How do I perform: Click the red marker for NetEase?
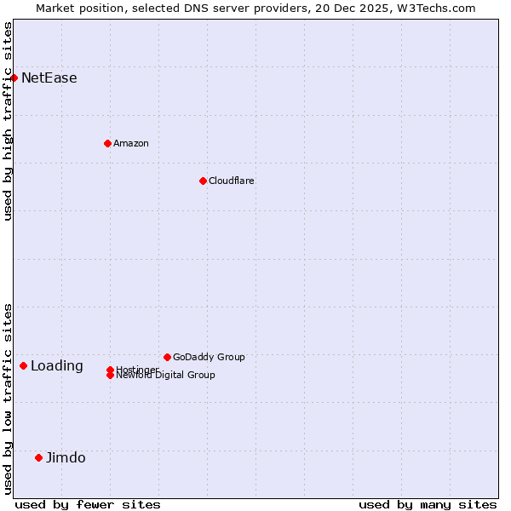click(14, 78)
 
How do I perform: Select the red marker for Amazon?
click(107, 143)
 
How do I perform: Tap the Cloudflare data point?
click(203, 181)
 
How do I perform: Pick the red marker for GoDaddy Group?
click(167, 357)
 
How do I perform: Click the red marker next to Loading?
click(23, 365)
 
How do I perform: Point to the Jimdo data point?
click(38, 457)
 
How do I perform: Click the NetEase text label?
click(49, 78)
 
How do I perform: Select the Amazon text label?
click(131, 144)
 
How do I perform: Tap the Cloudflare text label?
click(232, 181)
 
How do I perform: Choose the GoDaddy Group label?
click(209, 358)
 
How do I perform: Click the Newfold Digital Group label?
click(166, 376)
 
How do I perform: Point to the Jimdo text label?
click(66, 458)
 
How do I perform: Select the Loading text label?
click(57, 366)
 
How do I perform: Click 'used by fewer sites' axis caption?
click(88, 505)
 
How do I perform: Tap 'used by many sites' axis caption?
click(428, 505)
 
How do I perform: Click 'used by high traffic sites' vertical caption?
click(9, 121)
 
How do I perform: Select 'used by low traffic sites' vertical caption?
click(9, 399)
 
